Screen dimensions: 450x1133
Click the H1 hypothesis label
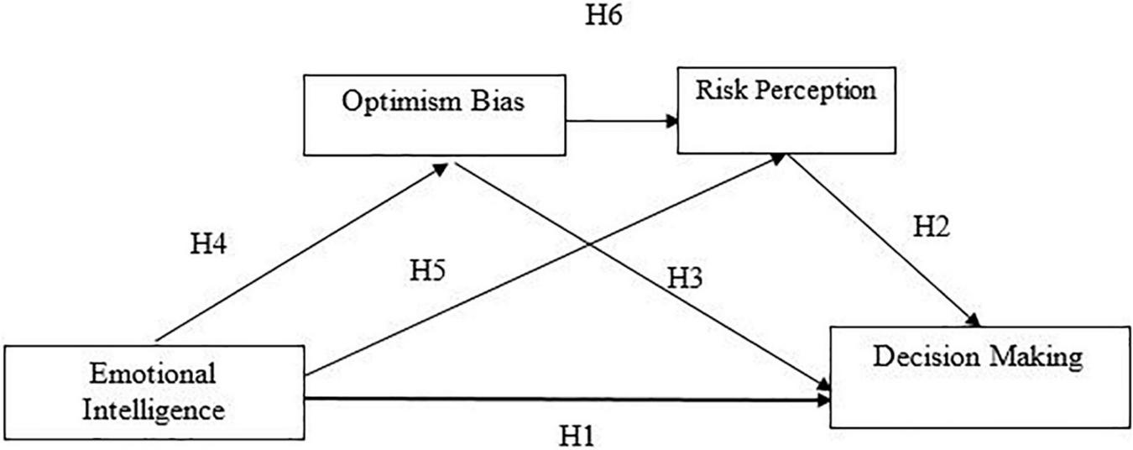click(x=578, y=436)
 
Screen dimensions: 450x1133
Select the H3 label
click(x=685, y=280)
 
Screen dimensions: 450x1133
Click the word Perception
click(x=813, y=91)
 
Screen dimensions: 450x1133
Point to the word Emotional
click(x=153, y=371)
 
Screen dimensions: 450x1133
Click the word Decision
click(x=924, y=357)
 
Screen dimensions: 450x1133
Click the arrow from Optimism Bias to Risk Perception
click(x=621, y=121)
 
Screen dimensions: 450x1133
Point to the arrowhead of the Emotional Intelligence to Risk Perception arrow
click(x=777, y=159)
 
